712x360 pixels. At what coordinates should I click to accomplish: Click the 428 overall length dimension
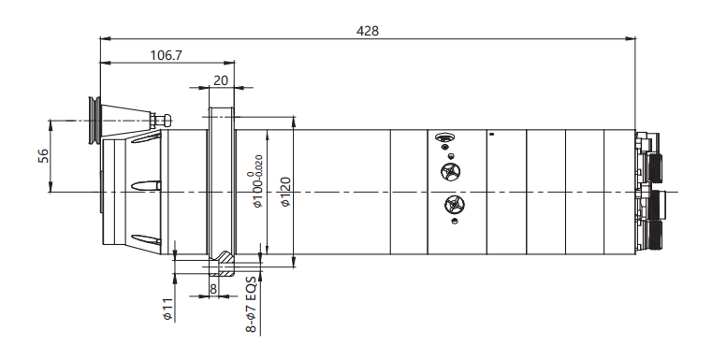pos(368,31)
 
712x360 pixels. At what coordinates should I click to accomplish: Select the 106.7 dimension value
pos(167,55)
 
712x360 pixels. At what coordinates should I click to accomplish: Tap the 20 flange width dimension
pos(221,80)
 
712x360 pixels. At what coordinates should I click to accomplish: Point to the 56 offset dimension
pos(43,156)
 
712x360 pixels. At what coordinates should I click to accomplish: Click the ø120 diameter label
pos(285,191)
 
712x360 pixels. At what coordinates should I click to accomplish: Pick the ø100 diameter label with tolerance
pos(257,181)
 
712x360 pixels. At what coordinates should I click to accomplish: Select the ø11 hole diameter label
pos(169,310)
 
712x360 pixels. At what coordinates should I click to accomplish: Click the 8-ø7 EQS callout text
pos(251,304)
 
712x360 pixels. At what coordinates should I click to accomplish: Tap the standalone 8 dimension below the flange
pos(213,289)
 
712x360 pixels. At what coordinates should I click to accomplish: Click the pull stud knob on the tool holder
pos(161,120)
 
